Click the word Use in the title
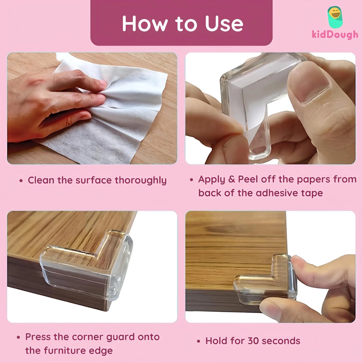(x=224, y=24)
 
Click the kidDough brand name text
(x=335, y=35)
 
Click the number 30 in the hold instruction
(x=253, y=341)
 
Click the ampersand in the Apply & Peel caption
(x=231, y=179)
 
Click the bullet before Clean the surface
(x=21, y=181)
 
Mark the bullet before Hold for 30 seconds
(x=199, y=341)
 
